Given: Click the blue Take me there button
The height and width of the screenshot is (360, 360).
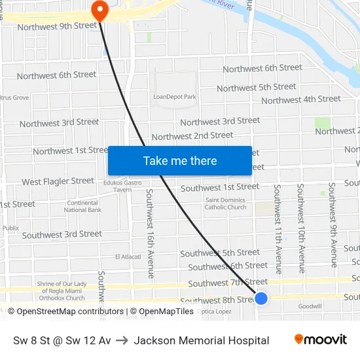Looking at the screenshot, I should [x=180, y=160].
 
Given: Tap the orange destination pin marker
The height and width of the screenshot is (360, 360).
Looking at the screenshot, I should [x=99, y=9].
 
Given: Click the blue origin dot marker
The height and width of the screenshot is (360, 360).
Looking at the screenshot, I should [x=261, y=298].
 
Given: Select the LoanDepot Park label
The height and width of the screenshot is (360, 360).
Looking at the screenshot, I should [x=175, y=97].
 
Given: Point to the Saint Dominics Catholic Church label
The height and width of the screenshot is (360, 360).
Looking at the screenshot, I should [x=226, y=204].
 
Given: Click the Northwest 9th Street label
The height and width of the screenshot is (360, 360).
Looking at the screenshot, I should [x=57, y=26].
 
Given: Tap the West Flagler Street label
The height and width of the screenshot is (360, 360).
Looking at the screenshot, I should [x=58, y=181].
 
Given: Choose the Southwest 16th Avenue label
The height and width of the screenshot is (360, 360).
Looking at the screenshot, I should [x=150, y=234].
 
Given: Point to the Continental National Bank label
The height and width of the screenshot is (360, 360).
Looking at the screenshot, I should [x=83, y=206].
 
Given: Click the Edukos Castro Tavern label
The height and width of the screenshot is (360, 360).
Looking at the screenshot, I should [x=118, y=186].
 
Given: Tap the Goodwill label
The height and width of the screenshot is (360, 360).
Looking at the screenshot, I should [x=310, y=306].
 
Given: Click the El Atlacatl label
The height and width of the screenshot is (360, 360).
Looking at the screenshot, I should [x=128, y=257].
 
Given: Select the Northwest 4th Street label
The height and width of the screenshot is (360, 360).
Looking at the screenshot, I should [x=301, y=99].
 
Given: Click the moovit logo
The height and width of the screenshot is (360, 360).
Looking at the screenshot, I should [x=321, y=340].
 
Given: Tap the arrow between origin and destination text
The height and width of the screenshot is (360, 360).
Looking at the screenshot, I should [x=123, y=340].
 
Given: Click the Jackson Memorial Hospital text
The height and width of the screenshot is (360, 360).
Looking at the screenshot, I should [x=202, y=340].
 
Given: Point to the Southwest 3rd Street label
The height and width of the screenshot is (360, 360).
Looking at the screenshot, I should [x=62, y=234].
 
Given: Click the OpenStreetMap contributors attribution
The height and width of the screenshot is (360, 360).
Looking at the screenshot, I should [x=65, y=312].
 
